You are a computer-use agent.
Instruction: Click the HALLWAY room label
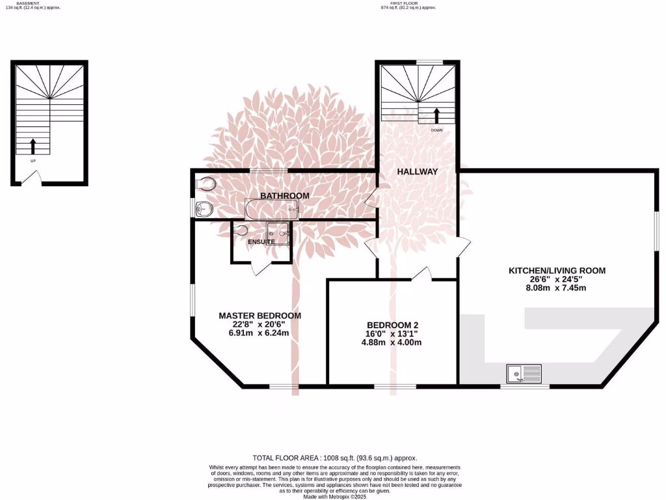417,172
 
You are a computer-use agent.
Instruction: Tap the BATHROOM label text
285,195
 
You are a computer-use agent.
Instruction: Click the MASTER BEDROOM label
260,316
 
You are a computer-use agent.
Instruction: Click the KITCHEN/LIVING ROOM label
557,270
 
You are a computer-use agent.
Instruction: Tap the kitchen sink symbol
524,374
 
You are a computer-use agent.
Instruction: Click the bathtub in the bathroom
272,210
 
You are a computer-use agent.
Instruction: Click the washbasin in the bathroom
203,209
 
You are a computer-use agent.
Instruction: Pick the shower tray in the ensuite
278,232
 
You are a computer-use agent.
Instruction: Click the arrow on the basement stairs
33,146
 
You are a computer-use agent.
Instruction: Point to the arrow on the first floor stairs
436,116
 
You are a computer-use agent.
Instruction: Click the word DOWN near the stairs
436,130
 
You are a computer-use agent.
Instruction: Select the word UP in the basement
33,160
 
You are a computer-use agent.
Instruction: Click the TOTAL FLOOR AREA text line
334,458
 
